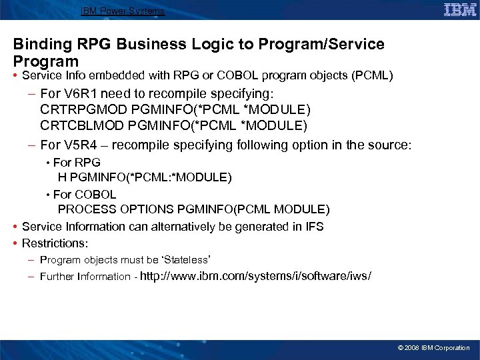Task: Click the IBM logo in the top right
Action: click(x=460, y=10)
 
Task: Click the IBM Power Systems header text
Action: click(x=123, y=11)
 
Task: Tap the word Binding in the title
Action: click(x=40, y=45)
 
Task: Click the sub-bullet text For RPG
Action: click(x=77, y=163)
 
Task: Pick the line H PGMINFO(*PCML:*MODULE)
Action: click(x=145, y=177)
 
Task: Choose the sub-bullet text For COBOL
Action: click(x=85, y=195)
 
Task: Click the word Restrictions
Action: click(x=55, y=243)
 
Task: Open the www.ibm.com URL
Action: click(x=257, y=276)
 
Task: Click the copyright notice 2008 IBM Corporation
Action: click(x=433, y=348)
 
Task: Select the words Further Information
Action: click(x=85, y=277)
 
